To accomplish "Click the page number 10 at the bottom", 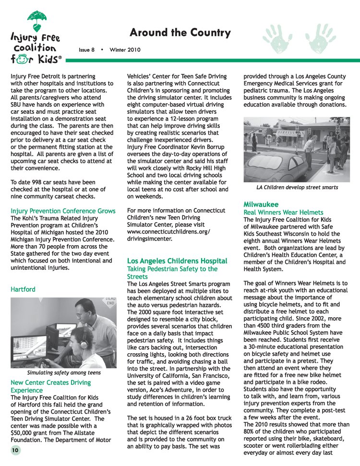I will [15, 450].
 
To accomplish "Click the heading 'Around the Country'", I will [180, 33].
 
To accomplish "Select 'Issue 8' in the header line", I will [87, 49].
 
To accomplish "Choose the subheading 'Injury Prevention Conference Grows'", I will [63, 211].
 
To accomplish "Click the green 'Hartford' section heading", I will [23, 289].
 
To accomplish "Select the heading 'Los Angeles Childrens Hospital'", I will [177, 261].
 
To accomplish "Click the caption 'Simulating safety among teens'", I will [63, 372].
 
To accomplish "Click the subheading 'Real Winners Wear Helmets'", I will [283, 212].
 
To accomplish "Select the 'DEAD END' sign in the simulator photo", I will [110, 302].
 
